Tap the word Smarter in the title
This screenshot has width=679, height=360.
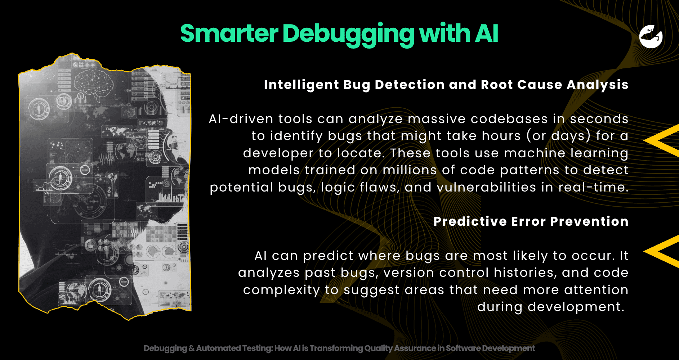click(x=229, y=33)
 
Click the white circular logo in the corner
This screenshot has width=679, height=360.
click(x=651, y=36)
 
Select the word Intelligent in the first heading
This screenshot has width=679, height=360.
click(x=301, y=85)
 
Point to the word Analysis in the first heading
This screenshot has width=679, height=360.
click(x=598, y=85)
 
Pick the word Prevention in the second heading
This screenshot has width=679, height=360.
click(x=589, y=221)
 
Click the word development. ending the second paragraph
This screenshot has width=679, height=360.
click(x=550, y=307)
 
